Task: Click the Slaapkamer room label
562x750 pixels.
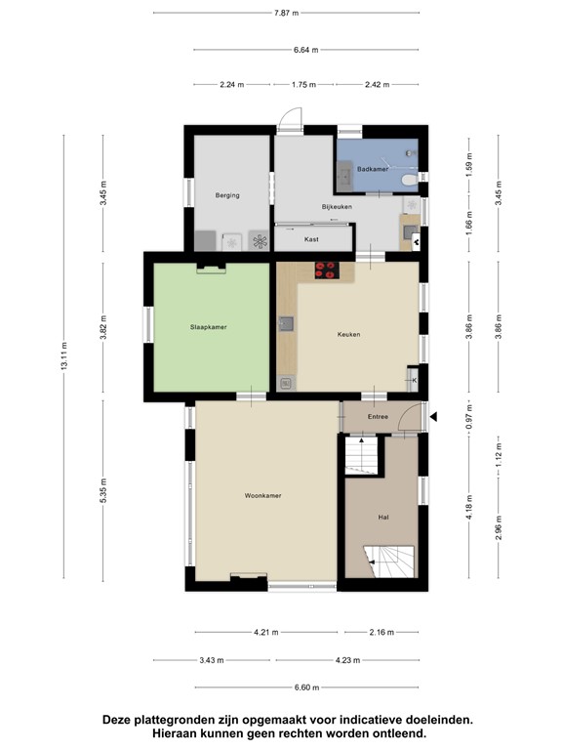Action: click(209, 327)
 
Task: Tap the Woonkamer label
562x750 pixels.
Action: click(262, 496)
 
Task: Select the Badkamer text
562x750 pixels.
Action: click(373, 170)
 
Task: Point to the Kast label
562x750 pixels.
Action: click(311, 239)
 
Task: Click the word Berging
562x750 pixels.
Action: click(227, 196)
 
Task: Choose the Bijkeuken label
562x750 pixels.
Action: click(337, 207)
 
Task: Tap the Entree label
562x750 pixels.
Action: click(378, 418)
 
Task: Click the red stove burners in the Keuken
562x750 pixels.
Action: click(326, 271)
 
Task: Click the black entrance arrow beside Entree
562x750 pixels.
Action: click(435, 417)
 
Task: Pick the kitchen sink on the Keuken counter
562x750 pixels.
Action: click(287, 324)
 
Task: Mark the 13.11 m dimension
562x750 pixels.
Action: click(63, 358)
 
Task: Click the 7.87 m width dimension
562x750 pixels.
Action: click(285, 13)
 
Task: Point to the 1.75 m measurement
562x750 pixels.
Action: click(304, 85)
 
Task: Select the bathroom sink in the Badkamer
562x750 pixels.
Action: click(346, 176)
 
